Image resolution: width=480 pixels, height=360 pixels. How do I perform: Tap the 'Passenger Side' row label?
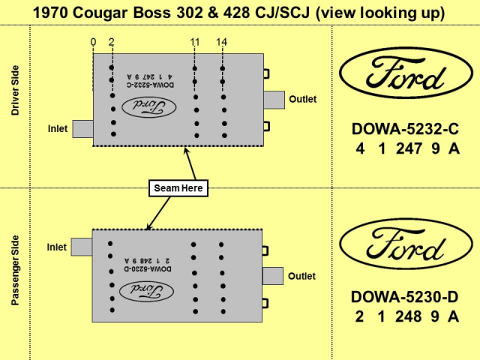[15, 271]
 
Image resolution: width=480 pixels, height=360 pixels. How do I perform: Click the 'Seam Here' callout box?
[178, 188]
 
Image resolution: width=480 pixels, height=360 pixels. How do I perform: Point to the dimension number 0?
[93, 42]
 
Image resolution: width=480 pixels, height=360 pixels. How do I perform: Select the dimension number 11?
[194, 42]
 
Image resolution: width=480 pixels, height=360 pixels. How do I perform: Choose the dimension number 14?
[221, 42]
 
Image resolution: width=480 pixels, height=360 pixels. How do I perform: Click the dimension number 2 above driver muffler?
[111, 42]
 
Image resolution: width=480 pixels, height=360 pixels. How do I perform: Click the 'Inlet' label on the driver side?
[58, 129]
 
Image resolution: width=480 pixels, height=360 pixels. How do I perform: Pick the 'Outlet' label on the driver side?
[303, 99]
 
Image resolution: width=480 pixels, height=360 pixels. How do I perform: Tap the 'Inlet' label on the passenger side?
[57, 247]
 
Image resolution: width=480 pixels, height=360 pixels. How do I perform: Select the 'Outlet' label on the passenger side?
[302, 276]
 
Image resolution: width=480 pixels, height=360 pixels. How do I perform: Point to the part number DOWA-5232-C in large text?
[405, 129]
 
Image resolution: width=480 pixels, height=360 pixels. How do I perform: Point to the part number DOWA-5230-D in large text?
[405, 297]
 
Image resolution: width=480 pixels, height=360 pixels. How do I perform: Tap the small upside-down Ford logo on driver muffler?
[153, 107]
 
